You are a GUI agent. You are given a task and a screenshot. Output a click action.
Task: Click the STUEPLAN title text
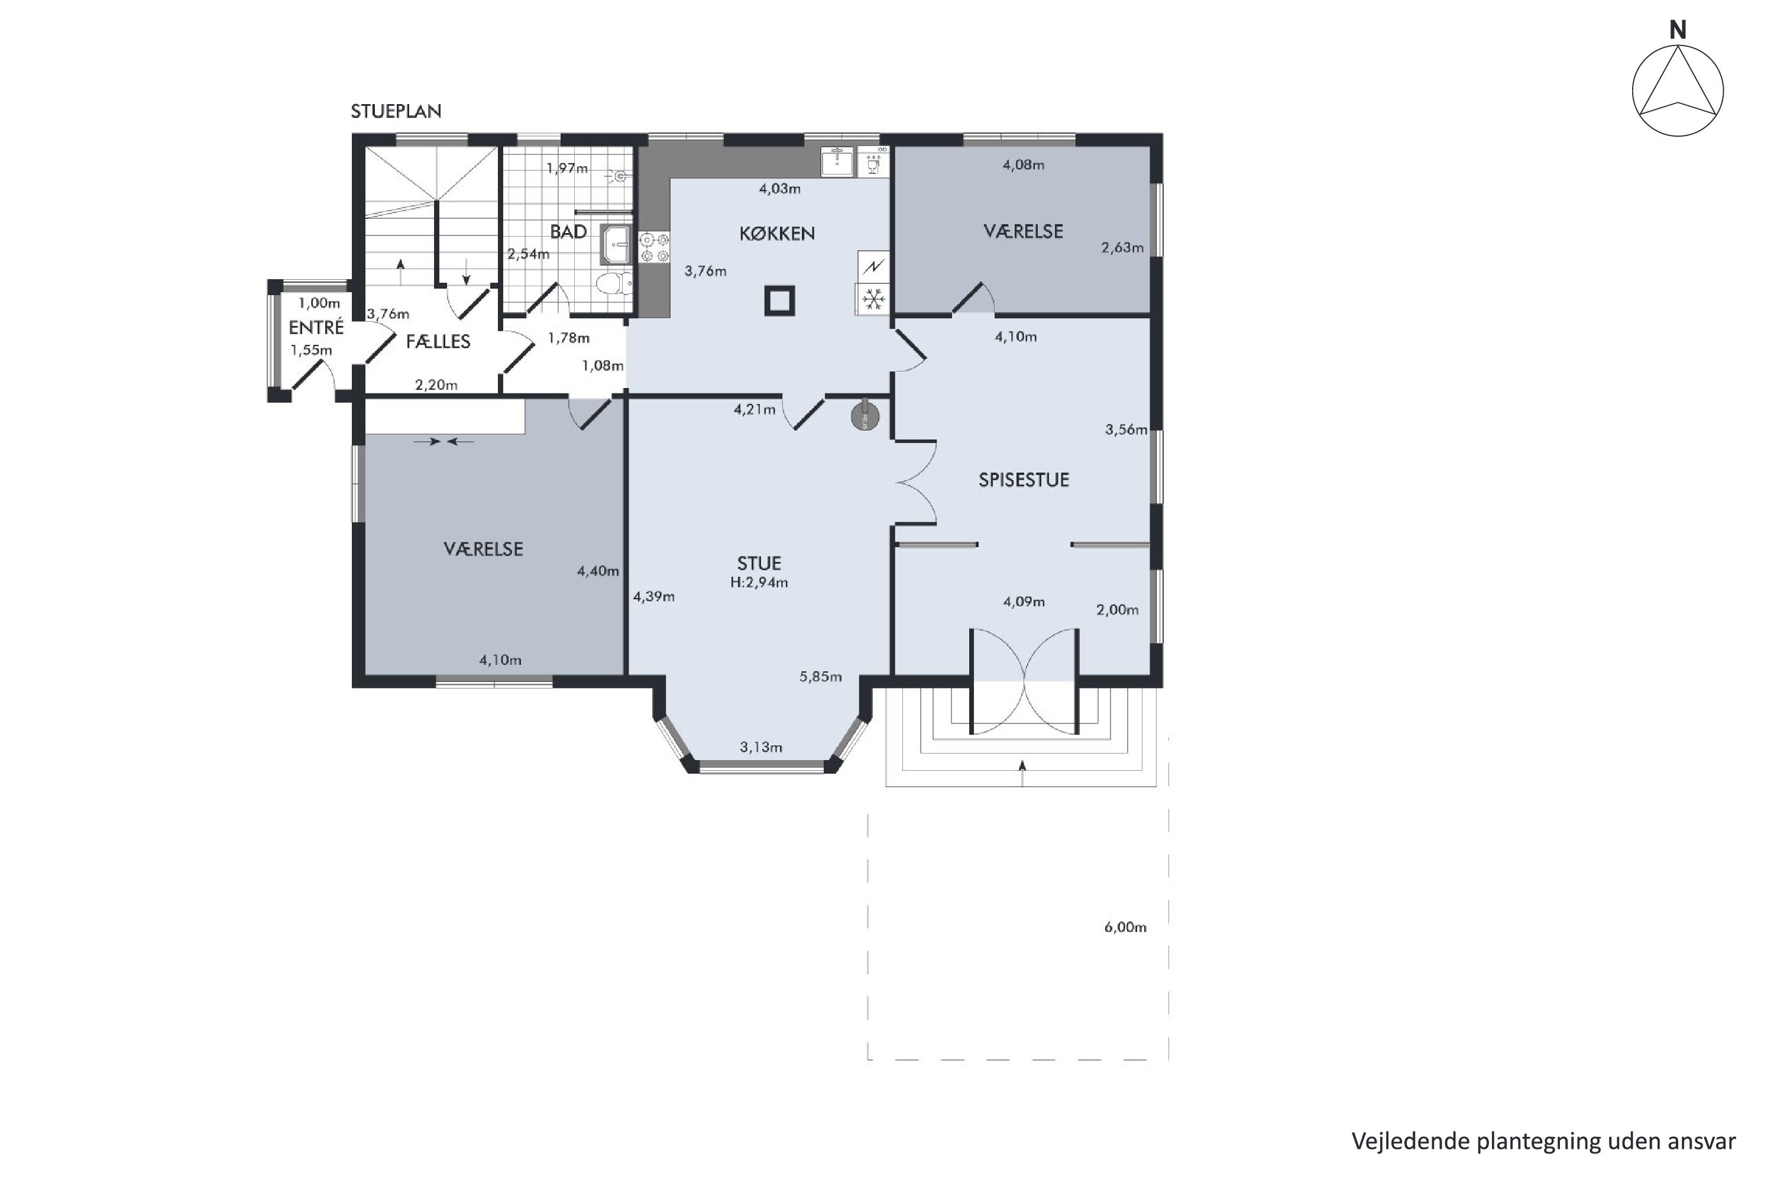[396, 112]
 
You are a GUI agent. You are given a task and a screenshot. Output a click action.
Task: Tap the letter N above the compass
[1678, 30]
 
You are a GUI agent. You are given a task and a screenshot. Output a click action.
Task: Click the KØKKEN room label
[777, 234]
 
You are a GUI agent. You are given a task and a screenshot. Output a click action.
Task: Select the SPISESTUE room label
[1024, 480]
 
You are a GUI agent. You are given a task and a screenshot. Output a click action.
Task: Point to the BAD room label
[568, 232]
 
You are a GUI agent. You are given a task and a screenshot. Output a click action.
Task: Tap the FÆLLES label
[438, 342]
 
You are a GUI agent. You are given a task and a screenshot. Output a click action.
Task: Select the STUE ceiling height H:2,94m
[759, 583]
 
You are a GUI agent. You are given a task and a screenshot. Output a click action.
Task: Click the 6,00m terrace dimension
[1125, 927]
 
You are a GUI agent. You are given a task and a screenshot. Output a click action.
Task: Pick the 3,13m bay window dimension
[760, 747]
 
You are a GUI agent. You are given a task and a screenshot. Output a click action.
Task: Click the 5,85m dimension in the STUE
[821, 677]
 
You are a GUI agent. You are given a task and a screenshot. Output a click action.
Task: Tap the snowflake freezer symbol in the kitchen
[873, 299]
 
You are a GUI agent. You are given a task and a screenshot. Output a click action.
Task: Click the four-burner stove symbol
[654, 247]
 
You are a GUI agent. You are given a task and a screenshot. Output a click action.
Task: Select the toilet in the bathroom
[615, 285]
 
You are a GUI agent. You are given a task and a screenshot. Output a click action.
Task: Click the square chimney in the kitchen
[779, 300]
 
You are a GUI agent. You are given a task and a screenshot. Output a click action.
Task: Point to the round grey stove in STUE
[865, 416]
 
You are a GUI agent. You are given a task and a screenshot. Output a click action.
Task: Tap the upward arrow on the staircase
[400, 271]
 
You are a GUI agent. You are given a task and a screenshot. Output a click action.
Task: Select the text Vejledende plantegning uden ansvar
[1543, 1141]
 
